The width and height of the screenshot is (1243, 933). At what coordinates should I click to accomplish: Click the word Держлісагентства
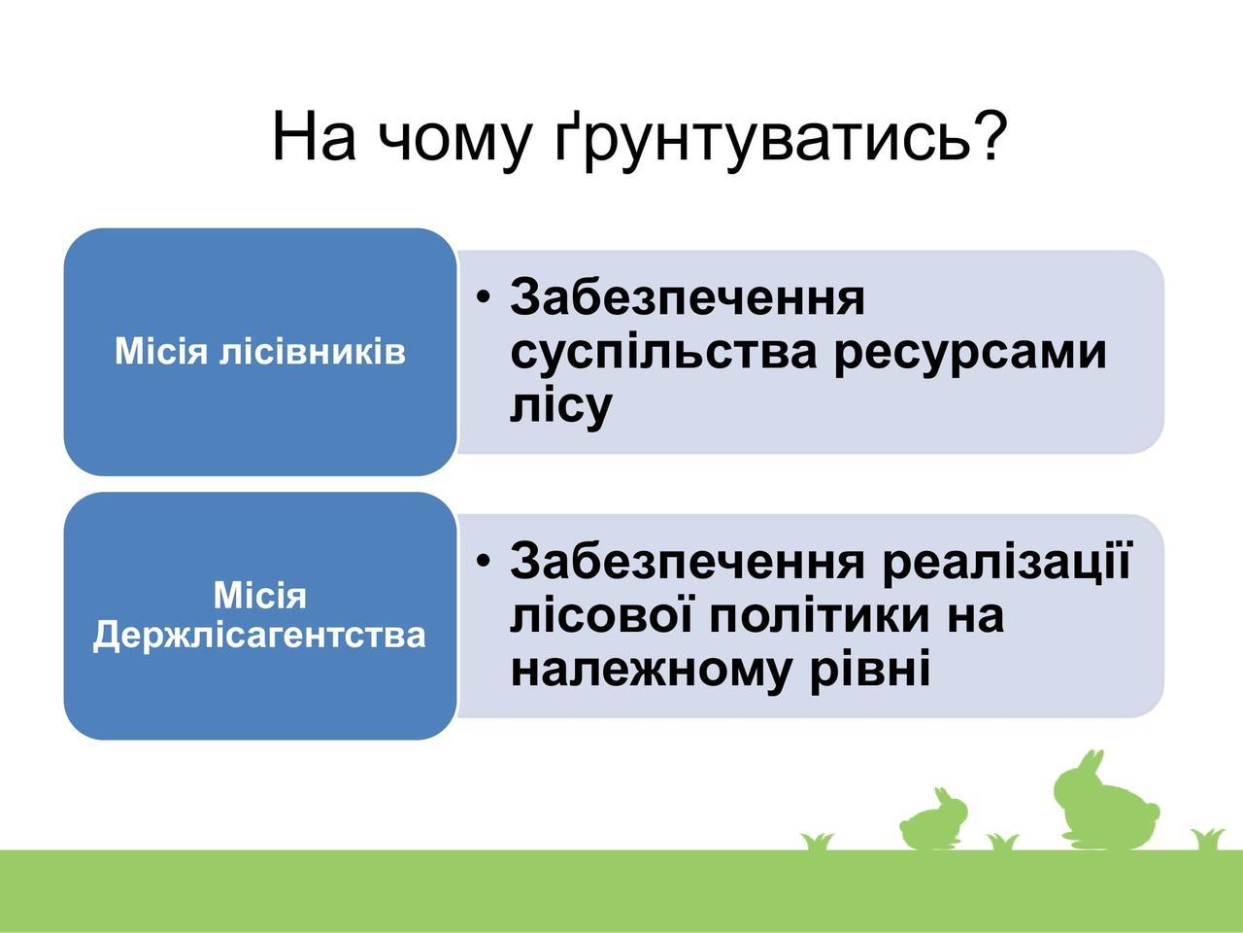pyautogui.click(x=259, y=635)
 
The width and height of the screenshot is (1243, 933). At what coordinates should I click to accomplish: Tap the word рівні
pyautogui.click(x=869, y=670)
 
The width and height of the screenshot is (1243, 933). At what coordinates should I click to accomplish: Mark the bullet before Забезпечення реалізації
pyautogui.click(x=483, y=560)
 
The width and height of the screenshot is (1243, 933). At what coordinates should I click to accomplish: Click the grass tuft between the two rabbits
pyautogui.click(x=1003, y=842)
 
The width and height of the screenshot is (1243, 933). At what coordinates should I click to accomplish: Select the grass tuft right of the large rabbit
pyautogui.click(x=1207, y=840)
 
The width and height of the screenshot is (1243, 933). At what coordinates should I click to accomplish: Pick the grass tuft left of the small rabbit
pyautogui.click(x=817, y=842)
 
